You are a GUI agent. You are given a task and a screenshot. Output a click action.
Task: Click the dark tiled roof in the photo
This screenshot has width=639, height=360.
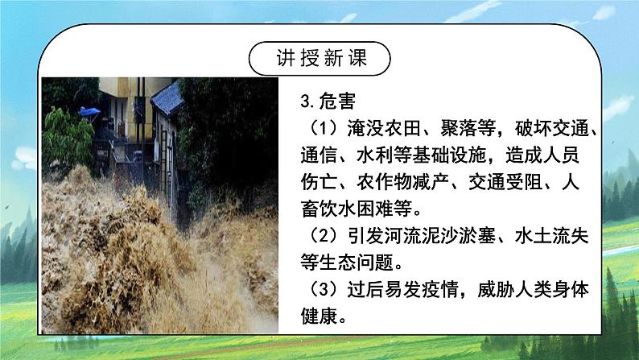coord(167,98)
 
